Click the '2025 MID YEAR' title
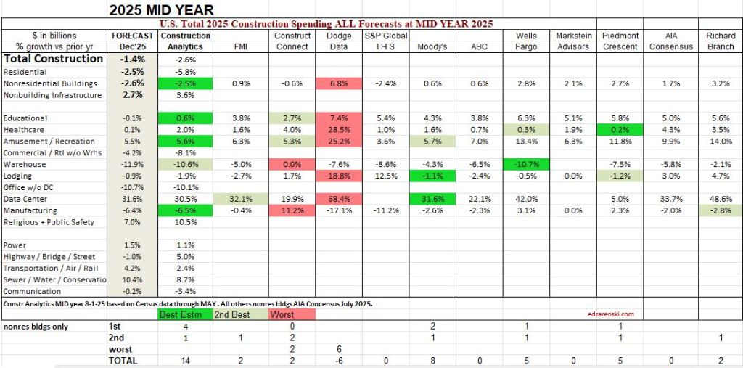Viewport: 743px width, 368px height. pyautogui.click(x=161, y=9)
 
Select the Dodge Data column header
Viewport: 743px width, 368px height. pyautogui.click(x=339, y=41)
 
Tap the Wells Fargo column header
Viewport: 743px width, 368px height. pyautogui.click(x=525, y=41)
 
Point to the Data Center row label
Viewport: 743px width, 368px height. pyautogui.click(x=25, y=199)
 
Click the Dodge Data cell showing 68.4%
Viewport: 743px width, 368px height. pyautogui.click(x=339, y=199)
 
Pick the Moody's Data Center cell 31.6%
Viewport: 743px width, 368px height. pyautogui.click(x=432, y=199)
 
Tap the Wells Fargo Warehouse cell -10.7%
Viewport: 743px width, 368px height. pyautogui.click(x=525, y=164)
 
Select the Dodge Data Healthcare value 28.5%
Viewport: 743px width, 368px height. pyautogui.click(x=339, y=129)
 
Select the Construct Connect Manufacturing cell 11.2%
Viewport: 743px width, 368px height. pyautogui.click(x=292, y=210)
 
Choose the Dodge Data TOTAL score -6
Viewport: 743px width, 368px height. pyautogui.click(x=339, y=360)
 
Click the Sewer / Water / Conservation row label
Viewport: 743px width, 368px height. pyautogui.click(x=55, y=279)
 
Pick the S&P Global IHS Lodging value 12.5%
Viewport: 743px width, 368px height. pyautogui.click(x=385, y=176)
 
